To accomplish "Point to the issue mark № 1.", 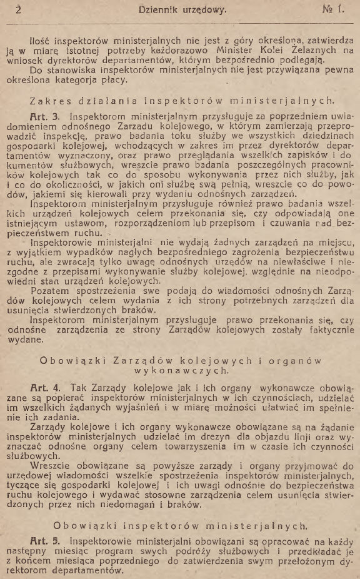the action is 333,10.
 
